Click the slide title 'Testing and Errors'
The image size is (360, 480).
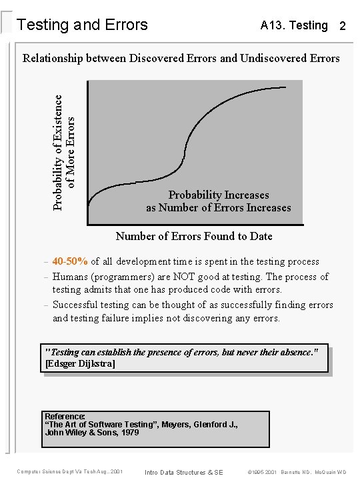[x=82, y=25]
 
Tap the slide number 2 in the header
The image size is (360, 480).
[x=342, y=27]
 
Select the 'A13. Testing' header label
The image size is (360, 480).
[x=294, y=25]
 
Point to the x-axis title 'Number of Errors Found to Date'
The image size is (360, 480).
[x=194, y=236]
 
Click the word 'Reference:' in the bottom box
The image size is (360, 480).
[x=65, y=416]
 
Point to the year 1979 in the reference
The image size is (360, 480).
[x=130, y=432]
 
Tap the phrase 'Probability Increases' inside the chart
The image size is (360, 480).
[x=219, y=195]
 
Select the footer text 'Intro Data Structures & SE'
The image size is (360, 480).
[x=184, y=472]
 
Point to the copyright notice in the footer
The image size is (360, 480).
[x=297, y=472]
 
